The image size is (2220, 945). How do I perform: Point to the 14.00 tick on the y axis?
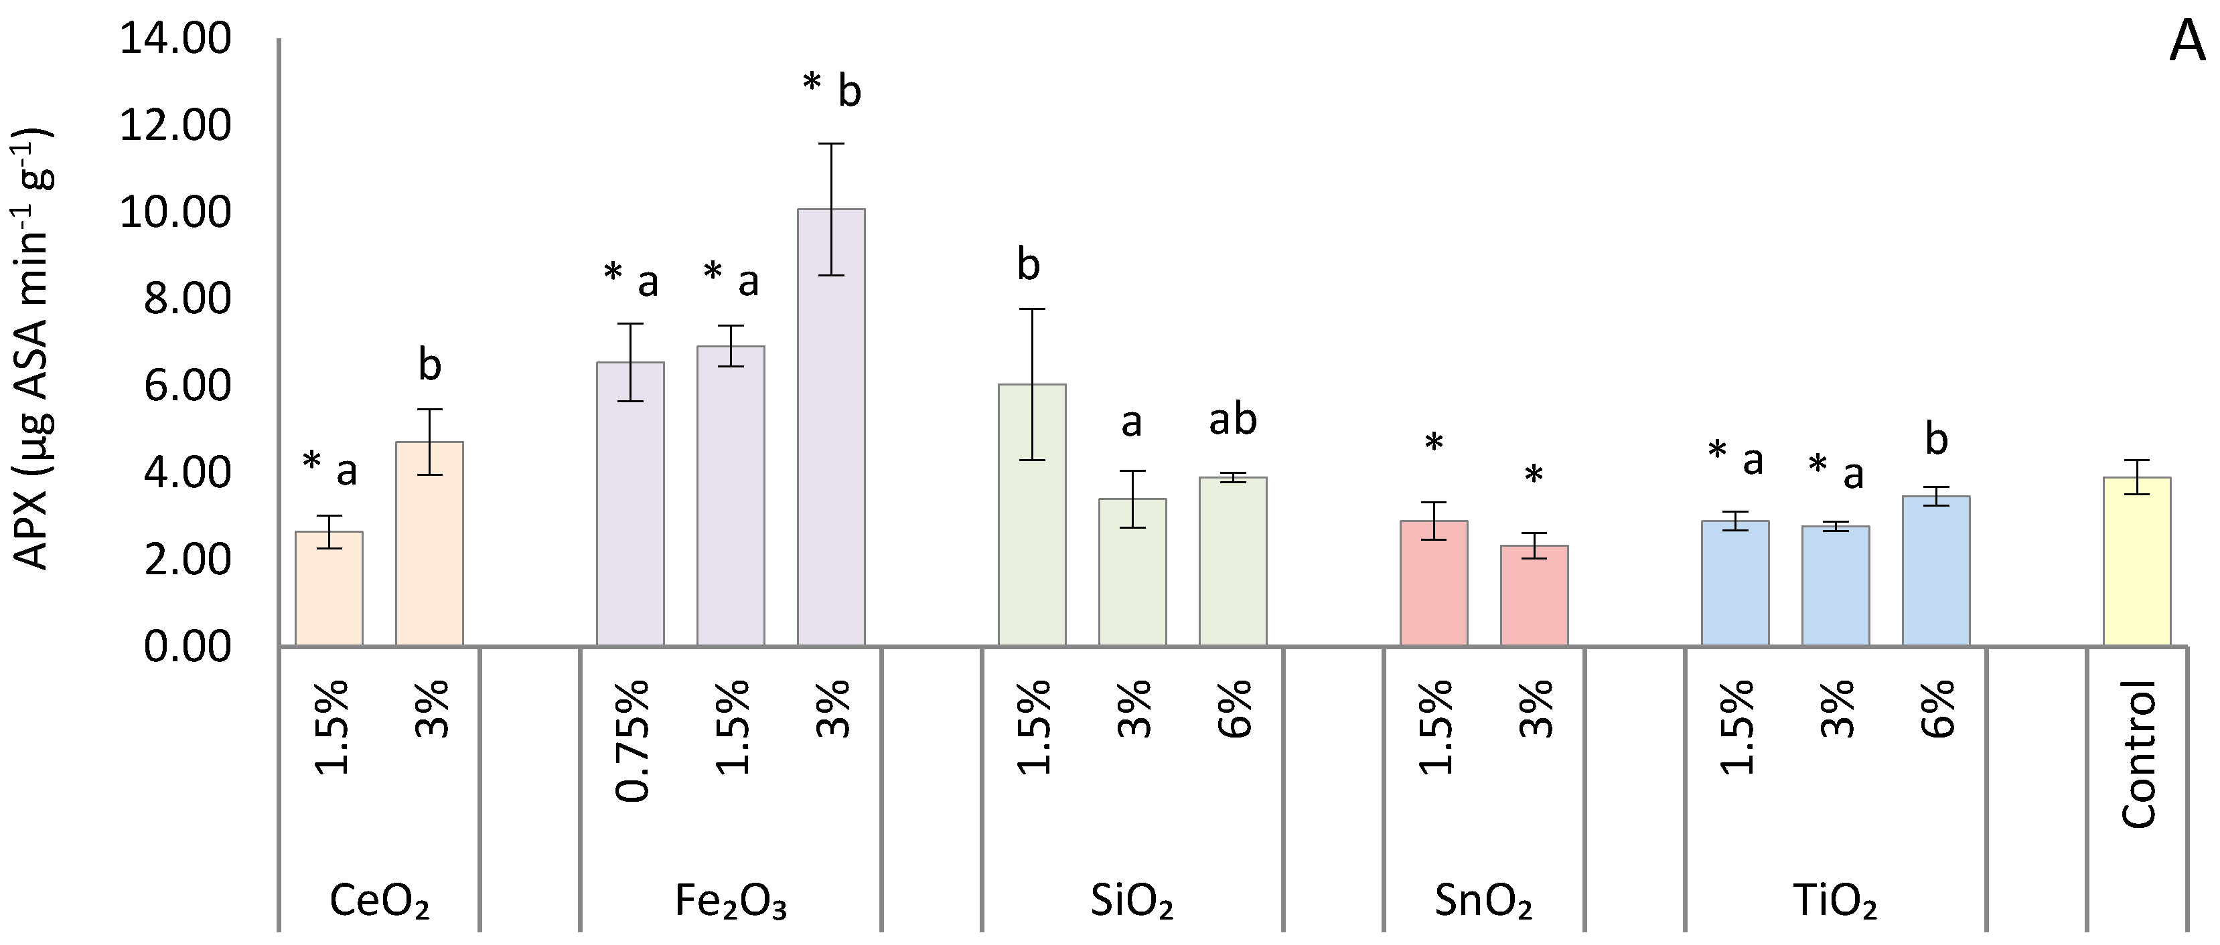point(176,39)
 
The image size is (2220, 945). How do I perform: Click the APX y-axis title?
point(33,349)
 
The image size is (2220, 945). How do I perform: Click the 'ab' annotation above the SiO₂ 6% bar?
point(1232,420)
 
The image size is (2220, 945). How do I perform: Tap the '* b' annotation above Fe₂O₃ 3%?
point(832,89)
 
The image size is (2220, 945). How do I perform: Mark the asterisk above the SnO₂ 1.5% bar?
point(1433,444)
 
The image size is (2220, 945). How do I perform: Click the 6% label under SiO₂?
point(1234,708)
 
